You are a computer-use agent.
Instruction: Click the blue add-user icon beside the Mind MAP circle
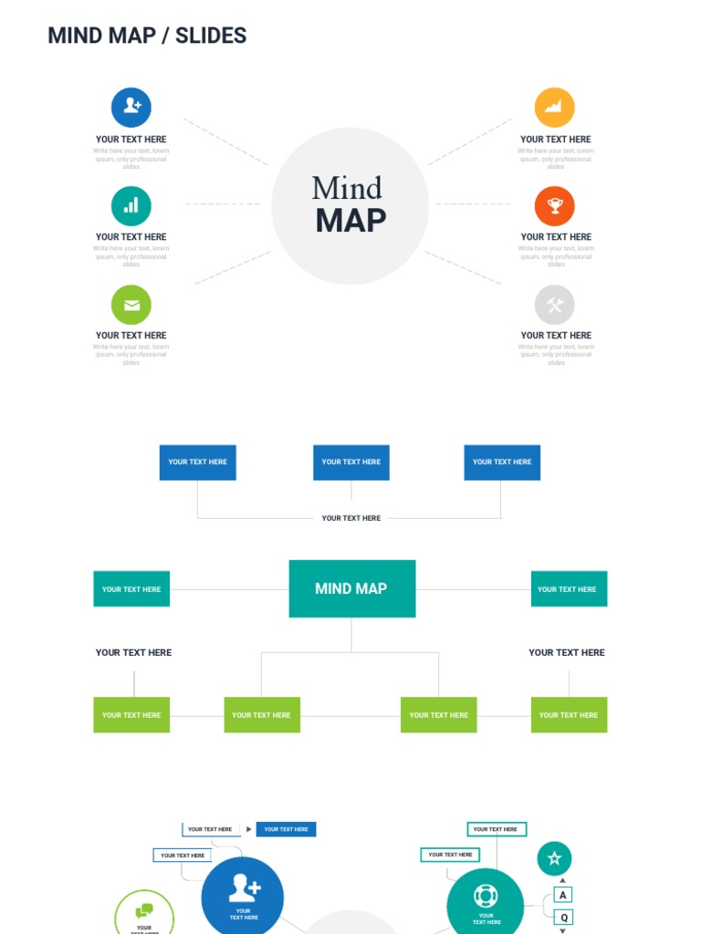tap(131, 107)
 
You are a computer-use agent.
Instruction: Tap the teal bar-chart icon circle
tap(131, 205)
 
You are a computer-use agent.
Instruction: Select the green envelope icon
tap(131, 305)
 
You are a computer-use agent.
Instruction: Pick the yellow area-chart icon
tap(554, 107)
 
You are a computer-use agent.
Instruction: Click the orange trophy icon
tap(554, 205)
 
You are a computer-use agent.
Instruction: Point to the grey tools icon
tap(554, 305)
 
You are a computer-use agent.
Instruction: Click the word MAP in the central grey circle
tap(350, 221)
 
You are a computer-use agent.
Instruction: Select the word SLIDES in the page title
tap(211, 36)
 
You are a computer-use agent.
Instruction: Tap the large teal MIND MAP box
tap(351, 588)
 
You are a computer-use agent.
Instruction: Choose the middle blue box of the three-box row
tap(350, 462)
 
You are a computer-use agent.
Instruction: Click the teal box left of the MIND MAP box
tap(131, 588)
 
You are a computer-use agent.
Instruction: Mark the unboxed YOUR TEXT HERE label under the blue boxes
tap(350, 518)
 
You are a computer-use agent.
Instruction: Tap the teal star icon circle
tap(554, 858)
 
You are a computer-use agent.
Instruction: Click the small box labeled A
tap(563, 895)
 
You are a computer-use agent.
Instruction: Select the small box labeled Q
tap(563, 917)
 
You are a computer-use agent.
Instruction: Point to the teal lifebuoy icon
tap(486, 896)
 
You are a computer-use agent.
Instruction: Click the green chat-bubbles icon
tap(144, 910)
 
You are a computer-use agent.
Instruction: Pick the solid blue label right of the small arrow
tap(286, 829)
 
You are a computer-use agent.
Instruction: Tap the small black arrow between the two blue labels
tap(249, 829)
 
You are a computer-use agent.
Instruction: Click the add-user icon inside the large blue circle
tap(244, 887)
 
